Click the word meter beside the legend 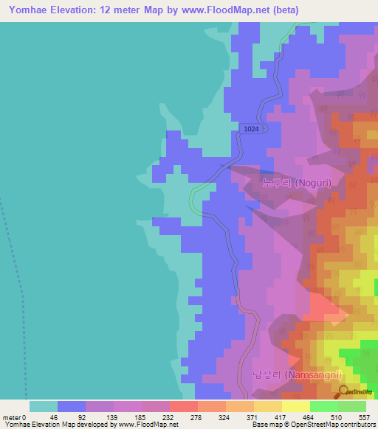13,416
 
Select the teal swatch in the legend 44,406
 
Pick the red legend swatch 183,406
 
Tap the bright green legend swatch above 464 323,406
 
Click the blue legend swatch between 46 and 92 72,406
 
